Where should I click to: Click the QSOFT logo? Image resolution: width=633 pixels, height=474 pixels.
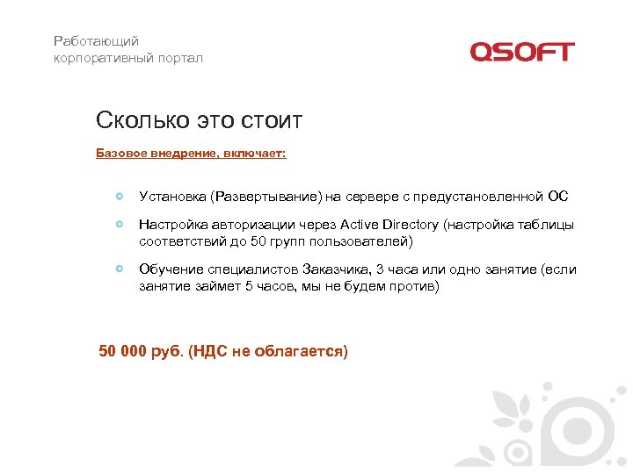[521, 52]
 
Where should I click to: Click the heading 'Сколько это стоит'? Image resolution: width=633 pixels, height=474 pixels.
[199, 119]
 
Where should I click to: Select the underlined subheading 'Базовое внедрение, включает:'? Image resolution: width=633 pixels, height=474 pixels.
[191, 153]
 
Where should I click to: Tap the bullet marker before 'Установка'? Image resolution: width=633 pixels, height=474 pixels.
[119, 196]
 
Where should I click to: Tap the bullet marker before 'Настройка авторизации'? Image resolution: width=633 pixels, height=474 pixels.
[119, 225]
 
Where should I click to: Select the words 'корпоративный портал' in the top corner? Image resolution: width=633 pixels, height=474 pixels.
[127, 58]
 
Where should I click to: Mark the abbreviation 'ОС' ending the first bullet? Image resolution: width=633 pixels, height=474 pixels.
[557, 196]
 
